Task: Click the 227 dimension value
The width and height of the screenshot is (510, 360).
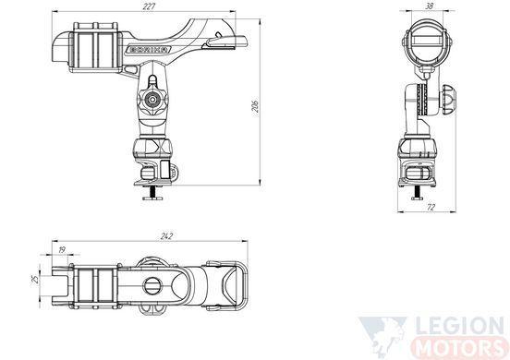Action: point(149,6)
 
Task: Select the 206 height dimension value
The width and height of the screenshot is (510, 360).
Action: point(256,104)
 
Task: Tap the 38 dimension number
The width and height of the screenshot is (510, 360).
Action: point(430,6)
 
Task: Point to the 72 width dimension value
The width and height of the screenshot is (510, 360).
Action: point(431,207)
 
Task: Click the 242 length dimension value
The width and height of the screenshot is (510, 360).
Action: point(166,236)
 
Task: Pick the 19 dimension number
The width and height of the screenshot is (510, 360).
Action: point(62,249)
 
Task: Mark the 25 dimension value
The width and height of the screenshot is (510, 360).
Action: point(35,280)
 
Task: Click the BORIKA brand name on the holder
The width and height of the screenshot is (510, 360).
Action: point(150,50)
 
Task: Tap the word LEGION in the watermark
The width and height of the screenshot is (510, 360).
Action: point(460,326)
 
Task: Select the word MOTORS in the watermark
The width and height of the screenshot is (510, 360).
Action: point(459,347)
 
